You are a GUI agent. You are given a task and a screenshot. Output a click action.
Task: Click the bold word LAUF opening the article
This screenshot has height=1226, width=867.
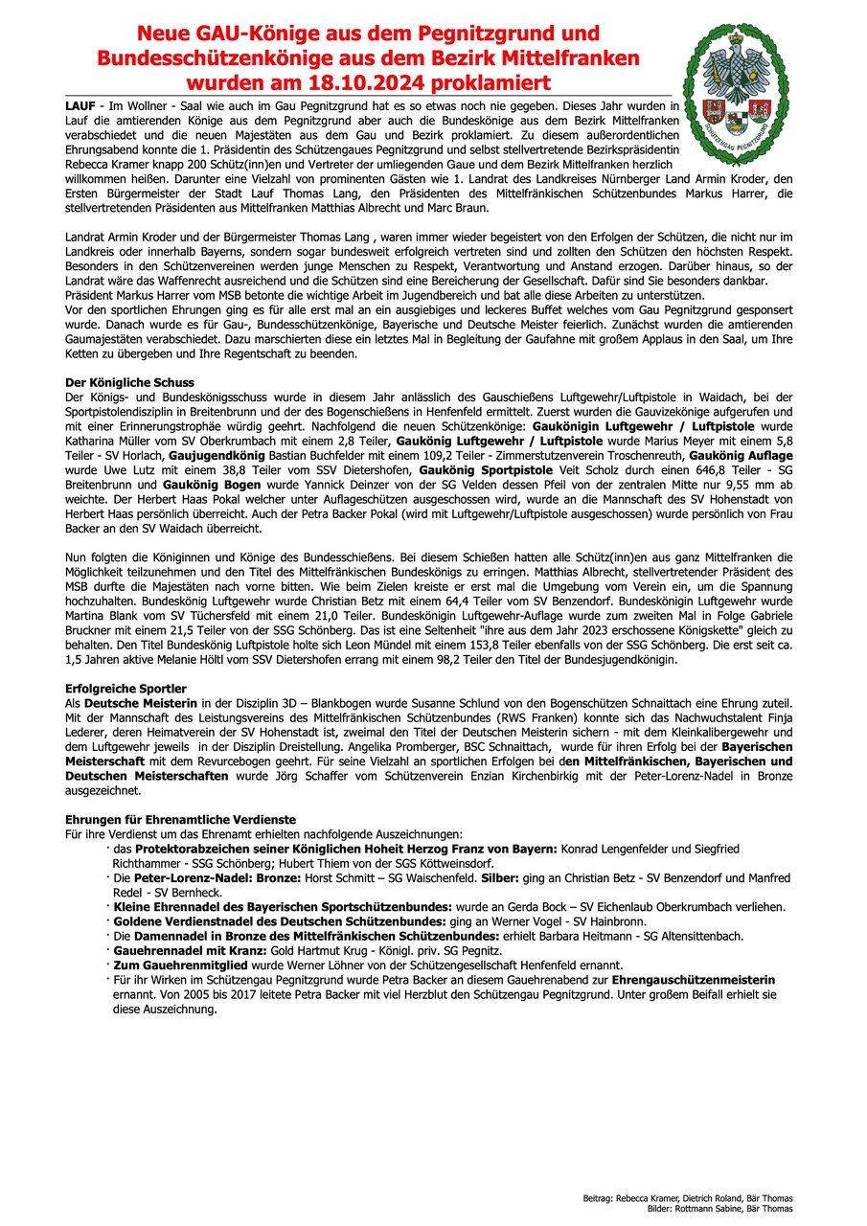[80, 102]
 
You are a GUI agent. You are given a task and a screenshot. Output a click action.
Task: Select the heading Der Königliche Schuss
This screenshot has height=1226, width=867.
[128, 382]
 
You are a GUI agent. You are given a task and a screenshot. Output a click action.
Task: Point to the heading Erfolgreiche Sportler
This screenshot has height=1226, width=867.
[125, 689]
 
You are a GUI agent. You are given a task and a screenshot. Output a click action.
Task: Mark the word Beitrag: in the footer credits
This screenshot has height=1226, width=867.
[600, 1199]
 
